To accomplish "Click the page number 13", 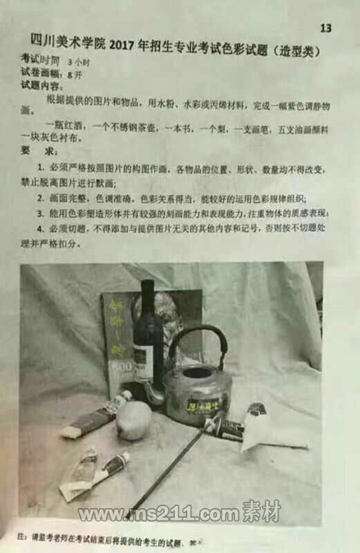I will tap(326, 28).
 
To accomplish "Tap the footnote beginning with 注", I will tap(104, 537).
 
